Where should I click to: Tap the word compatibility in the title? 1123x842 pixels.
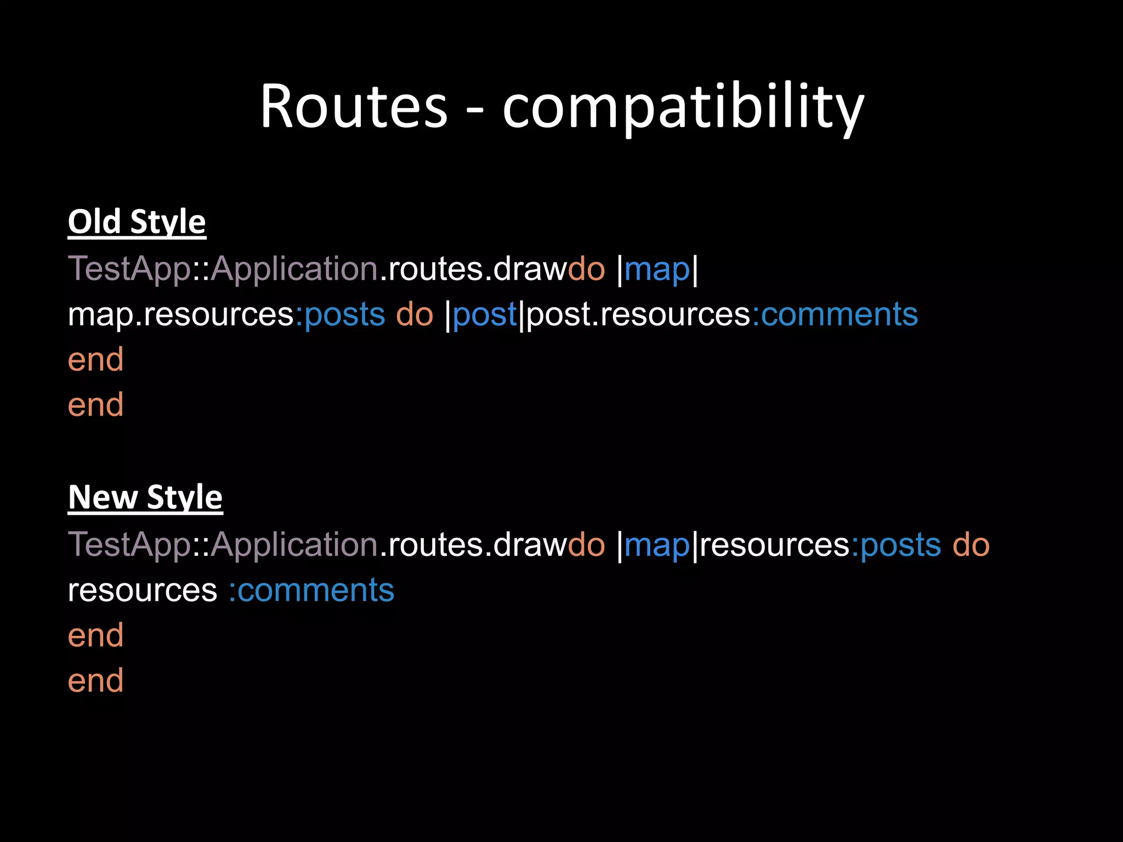click(x=683, y=107)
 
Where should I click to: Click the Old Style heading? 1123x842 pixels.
click(x=137, y=222)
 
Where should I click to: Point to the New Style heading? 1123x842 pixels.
click(x=145, y=498)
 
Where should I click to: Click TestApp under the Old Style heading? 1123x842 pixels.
click(x=129, y=269)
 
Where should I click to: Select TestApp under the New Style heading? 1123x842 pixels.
click(x=129, y=545)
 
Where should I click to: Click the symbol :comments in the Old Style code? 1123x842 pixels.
click(x=835, y=315)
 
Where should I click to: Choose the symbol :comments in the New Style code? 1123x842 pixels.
click(x=311, y=590)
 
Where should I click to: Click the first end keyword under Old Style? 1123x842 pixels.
click(x=95, y=360)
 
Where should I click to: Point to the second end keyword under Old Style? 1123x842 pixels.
click(x=95, y=405)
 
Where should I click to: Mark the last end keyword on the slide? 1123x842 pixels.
click(x=95, y=681)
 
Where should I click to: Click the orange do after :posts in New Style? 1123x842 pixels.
click(x=971, y=545)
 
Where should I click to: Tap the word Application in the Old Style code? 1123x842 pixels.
click(x=294, y=269)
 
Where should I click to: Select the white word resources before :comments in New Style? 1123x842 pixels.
click(x=143, y=590)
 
